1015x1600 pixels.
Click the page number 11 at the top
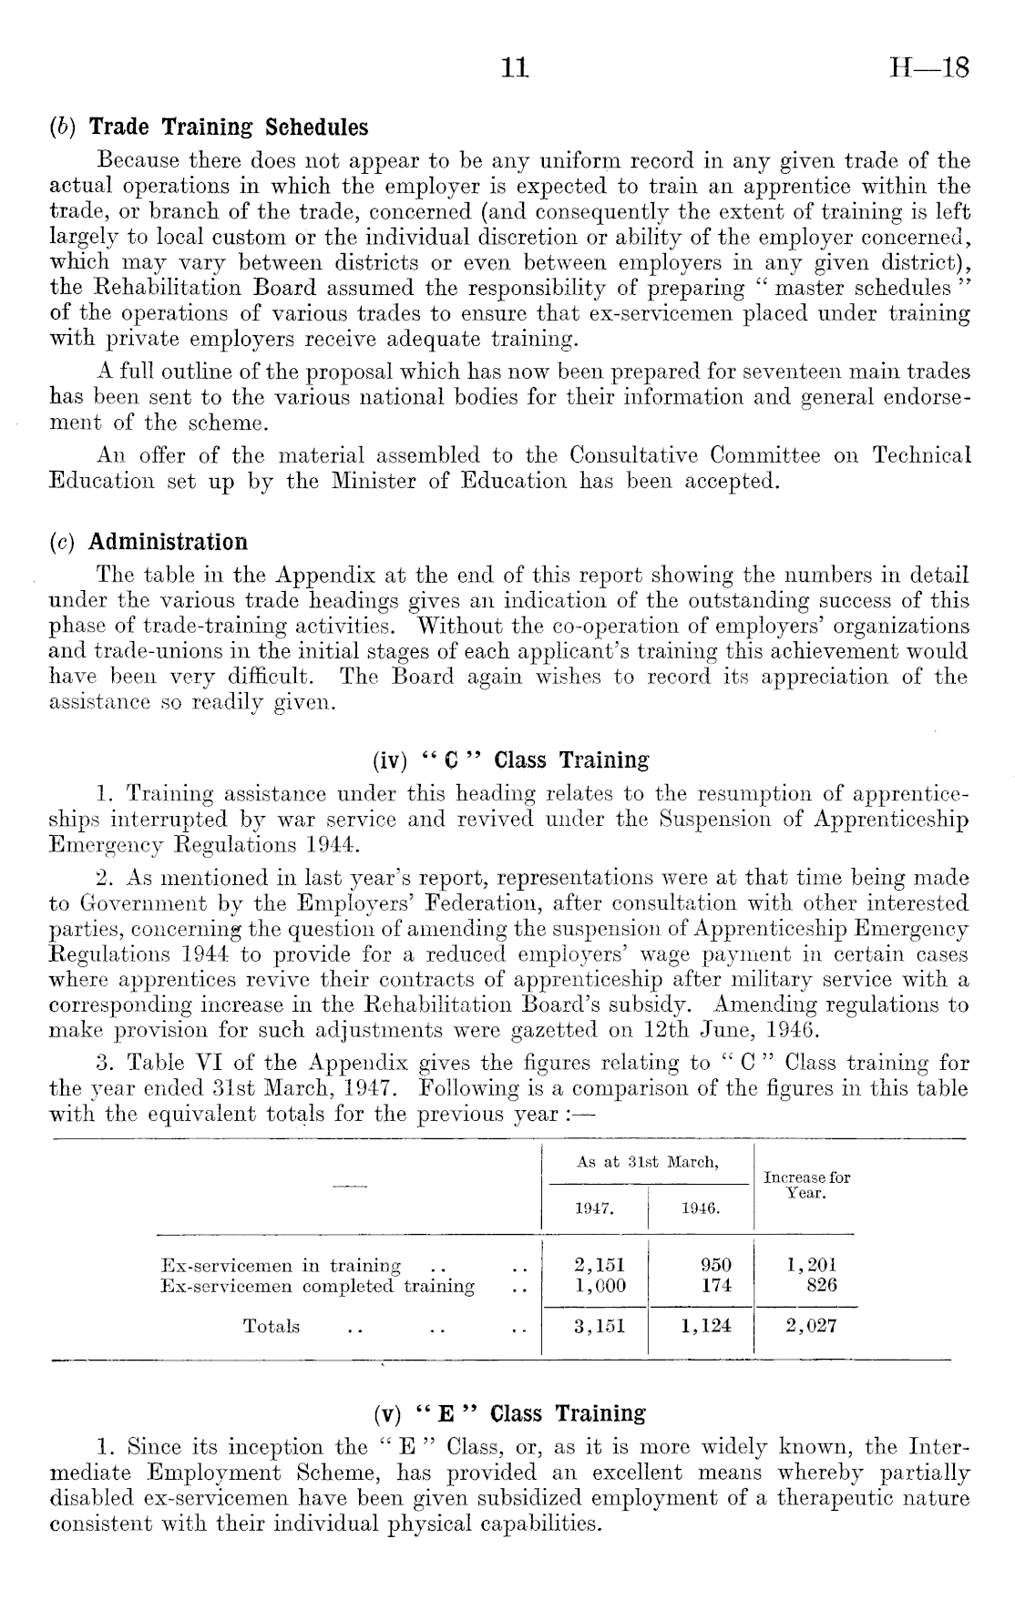coord(515,69)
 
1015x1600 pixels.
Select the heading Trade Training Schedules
coord(229,127)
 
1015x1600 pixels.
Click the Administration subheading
coord(169,543)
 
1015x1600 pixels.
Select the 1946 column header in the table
coord(701,1208)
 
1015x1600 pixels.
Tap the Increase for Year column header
coord(806,1184)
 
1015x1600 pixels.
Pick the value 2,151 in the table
coord(600,1265)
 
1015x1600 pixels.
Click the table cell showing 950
coord(716,1265)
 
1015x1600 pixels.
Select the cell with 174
coord(716,1286)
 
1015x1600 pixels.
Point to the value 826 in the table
coord(821,1286)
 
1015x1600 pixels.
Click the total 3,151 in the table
coord(600,1326)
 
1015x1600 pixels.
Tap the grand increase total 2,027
coord(811,1326)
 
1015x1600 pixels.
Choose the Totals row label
coord(272,1326)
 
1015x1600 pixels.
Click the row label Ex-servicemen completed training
coord(317,1286)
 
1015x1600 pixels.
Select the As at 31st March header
coord(648,1162)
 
